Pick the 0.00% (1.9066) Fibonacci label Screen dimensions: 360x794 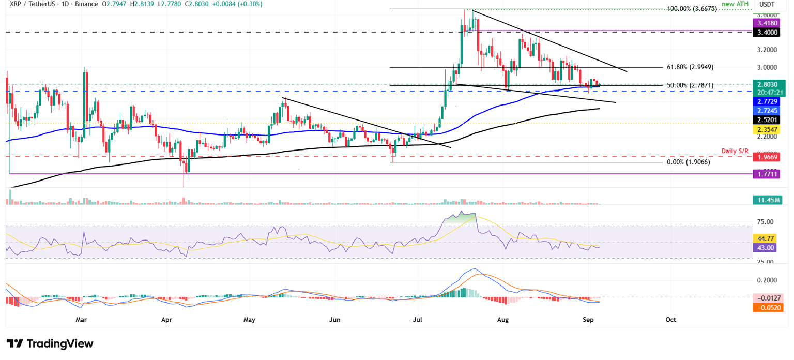point(689,162)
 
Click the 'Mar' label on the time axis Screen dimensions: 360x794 point(81,320)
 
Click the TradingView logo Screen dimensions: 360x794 point(50,344)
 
